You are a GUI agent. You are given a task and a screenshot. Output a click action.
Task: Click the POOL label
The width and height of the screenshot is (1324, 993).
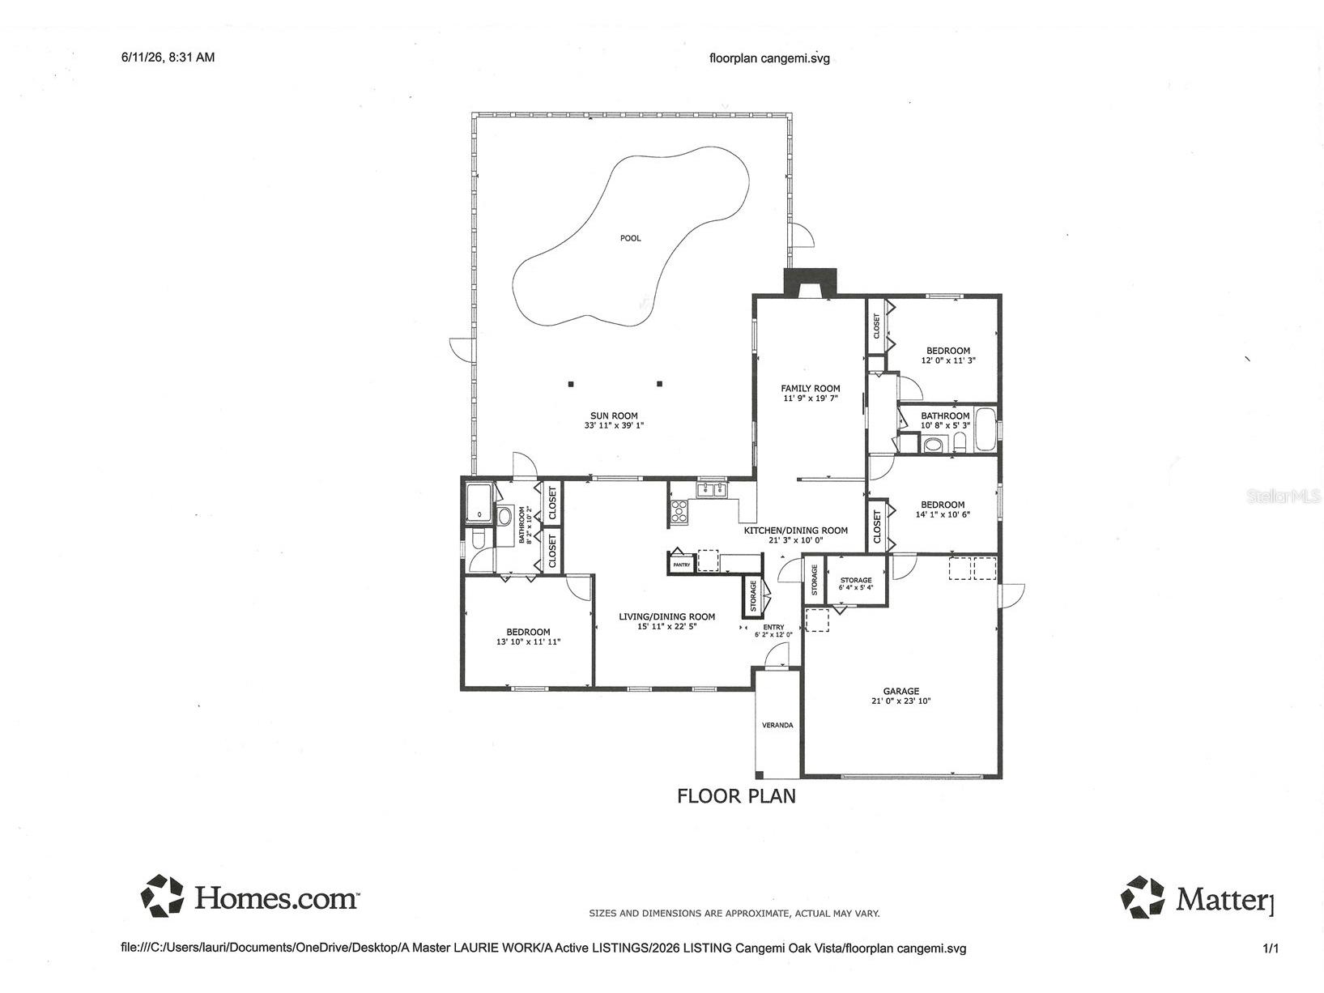tap(630, 238)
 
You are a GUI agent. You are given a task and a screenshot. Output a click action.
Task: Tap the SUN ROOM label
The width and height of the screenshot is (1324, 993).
tap(614, 416)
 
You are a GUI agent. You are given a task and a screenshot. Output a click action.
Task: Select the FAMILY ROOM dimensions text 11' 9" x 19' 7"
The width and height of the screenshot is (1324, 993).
tap(810, 398)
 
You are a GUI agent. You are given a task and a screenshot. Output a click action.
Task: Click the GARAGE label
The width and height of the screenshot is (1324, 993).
tap(901, 692)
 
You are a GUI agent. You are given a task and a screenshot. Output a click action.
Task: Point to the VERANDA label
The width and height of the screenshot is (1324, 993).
tap(777, 725)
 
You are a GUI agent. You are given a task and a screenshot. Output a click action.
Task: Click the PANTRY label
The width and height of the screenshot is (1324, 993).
tap(682, 565)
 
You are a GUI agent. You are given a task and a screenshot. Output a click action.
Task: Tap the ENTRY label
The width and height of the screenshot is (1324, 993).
tap(774, 628)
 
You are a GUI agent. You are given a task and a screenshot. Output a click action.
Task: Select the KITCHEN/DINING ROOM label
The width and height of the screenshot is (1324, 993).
tap(795, 531)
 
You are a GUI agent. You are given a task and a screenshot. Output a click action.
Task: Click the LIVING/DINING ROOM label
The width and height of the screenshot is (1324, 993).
tap(666, 616)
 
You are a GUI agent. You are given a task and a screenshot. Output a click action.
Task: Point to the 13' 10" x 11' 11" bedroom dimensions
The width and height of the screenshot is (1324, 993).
tap(529, 642)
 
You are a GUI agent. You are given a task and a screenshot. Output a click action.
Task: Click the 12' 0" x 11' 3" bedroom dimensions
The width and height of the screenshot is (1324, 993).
tap(948, 360)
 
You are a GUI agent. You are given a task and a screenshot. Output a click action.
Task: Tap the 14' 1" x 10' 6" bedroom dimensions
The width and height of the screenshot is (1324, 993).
tap(943, 514)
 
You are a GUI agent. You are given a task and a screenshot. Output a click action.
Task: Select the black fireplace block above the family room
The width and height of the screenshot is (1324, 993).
tap(810, 283)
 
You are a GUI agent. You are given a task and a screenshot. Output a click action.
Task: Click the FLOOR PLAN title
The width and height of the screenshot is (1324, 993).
tap(736, 796)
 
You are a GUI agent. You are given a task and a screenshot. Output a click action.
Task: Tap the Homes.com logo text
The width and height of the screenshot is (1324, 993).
tap(276, 898)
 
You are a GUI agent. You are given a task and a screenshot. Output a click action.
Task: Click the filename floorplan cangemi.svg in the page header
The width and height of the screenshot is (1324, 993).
tap(769, 58)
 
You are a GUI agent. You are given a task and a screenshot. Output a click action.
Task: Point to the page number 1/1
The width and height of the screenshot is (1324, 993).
tap(1271, 949)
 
